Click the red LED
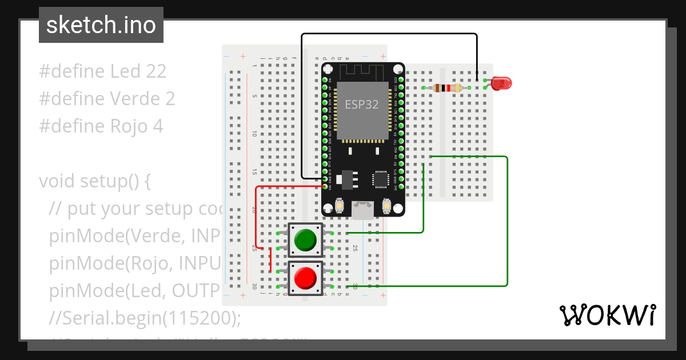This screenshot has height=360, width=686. pos(501,83)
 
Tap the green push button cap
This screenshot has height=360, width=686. pos(305,240)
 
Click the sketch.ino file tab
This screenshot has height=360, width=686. pos(101,25)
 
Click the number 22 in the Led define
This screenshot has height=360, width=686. pos(155,71)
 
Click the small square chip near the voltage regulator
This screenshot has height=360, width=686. pos(381,179)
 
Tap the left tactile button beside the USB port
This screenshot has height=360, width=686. pos(340,205)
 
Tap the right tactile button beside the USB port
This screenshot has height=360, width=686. pos(386,205)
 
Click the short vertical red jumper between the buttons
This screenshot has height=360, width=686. pos(270,261)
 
